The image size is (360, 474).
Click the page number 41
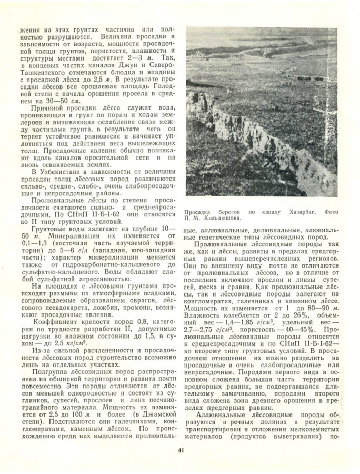click(181, 449)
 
